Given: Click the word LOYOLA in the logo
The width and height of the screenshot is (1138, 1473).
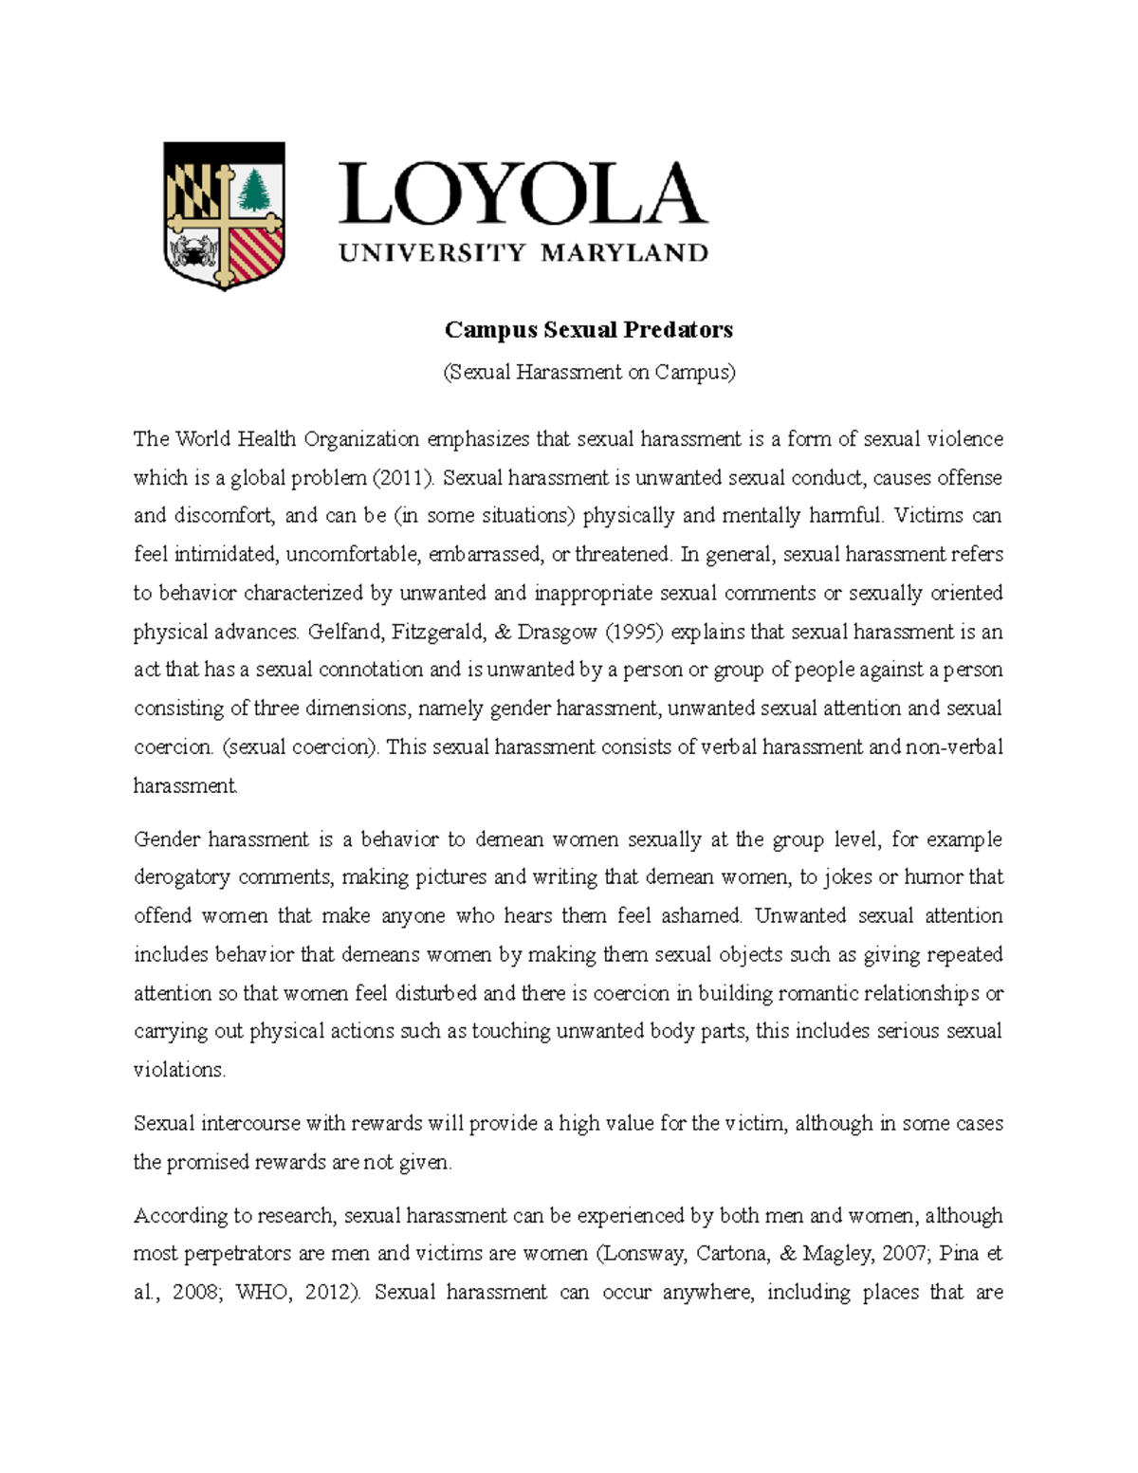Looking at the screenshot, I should pyautogui.click(x=523, y=194).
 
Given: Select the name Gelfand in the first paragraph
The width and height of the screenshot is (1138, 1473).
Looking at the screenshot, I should pyautogui.click(x=340, y=632).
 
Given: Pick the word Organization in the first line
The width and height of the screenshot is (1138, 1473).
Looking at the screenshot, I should pyautogui.click(x=361, y=438).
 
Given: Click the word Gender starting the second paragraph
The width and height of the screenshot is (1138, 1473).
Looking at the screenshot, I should pyautogui.click(x=166, y=839).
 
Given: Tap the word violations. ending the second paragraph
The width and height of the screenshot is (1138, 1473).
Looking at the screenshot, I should pyautogui.click(x=180, y=1070).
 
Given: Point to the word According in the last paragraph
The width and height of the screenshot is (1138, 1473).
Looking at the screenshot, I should pyautogui.click(x=176, y=1216).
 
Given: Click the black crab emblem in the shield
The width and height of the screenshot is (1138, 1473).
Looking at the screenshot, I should pyautogui.click(x=196, y=252).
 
